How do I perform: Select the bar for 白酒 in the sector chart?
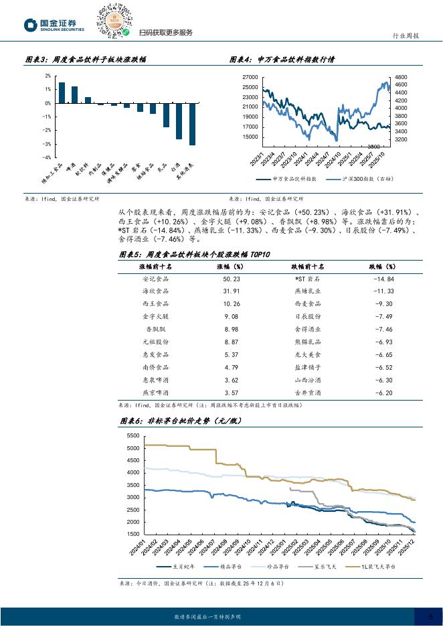(x=179, y=121)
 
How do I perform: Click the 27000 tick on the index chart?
(x=250, y=77)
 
